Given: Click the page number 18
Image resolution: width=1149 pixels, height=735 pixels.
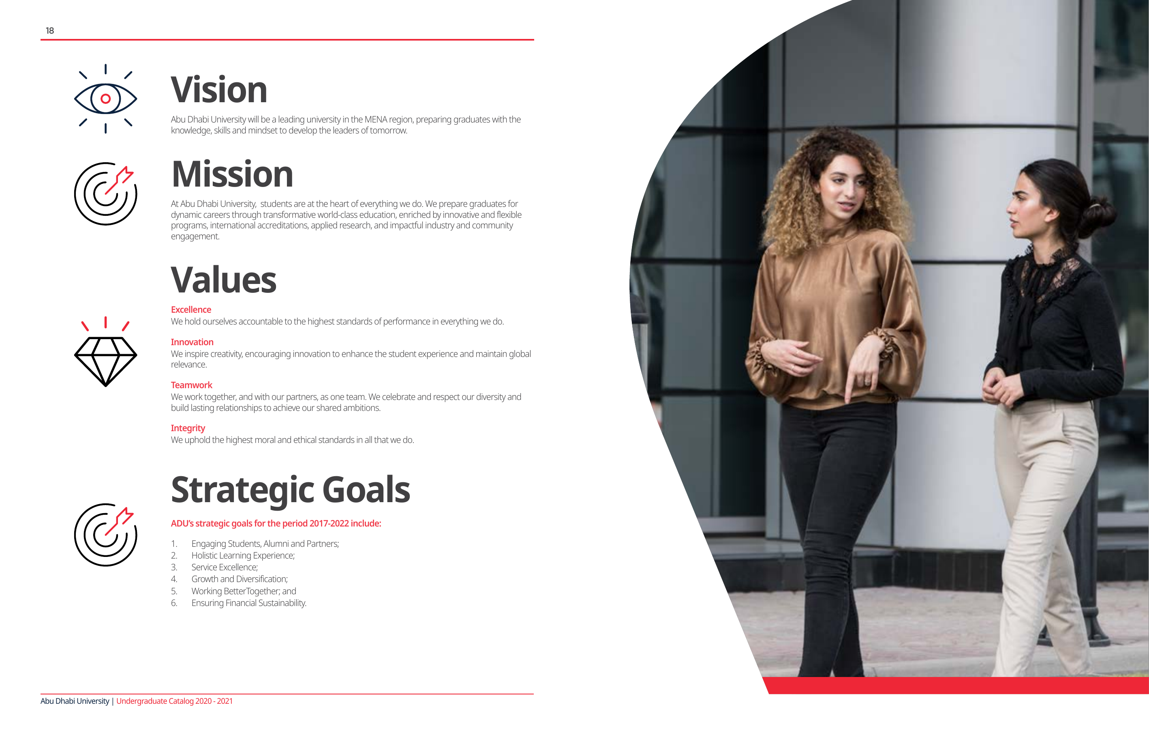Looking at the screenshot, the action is click(x=49, y=30).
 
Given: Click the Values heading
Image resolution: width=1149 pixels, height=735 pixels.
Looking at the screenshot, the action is click(x=223, y=280).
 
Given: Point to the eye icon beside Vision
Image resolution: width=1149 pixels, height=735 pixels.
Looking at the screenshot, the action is click(x=105, y=99).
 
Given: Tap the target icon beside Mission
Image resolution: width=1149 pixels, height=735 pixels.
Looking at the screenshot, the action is click(x=105, y=193).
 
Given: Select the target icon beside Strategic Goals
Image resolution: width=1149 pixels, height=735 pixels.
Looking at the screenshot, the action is click(x=105, y=535).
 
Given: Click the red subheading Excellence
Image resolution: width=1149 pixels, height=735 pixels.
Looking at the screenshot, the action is click(x=191, y=309).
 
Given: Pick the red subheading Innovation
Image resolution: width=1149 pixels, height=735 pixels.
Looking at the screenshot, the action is click(x=192, y=342).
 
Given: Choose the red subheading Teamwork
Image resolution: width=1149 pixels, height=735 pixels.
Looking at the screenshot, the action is click(x=191, y=385).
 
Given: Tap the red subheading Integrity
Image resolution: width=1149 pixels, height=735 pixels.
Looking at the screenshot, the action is click(x=188, y=428).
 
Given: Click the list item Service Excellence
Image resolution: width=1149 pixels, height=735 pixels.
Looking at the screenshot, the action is click(x=225, y=567).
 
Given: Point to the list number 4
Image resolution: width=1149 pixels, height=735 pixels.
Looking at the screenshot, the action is click(x=174, y=579).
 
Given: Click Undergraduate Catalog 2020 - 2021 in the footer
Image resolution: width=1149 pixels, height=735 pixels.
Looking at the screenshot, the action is click(x=175, y=701).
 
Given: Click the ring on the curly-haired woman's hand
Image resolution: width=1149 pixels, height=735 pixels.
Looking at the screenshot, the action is click(x=867, y=382).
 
